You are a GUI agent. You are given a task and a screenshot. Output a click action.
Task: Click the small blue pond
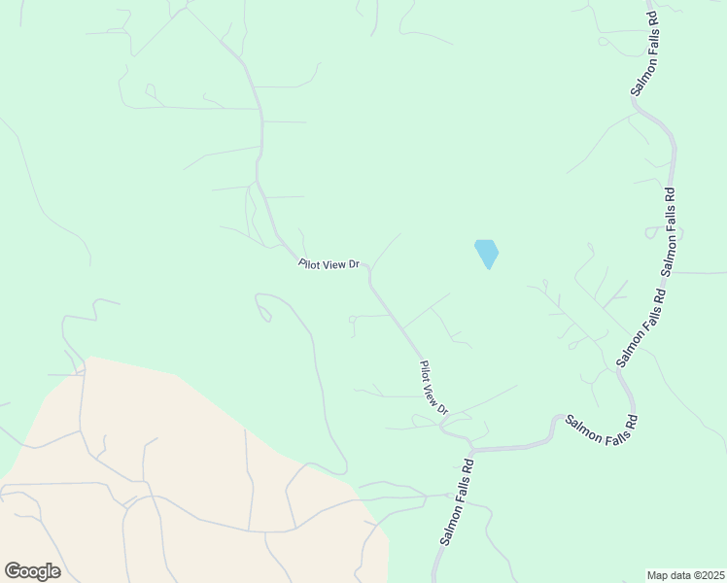[486, 253]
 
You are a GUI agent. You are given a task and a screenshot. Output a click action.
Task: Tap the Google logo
[32, 571]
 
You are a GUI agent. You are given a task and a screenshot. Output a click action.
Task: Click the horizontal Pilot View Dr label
[329, 263]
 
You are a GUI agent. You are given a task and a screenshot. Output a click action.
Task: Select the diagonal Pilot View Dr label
[433, 388]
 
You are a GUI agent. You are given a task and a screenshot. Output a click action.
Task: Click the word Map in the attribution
[659, 575]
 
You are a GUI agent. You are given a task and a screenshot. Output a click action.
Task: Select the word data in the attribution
[679, 575]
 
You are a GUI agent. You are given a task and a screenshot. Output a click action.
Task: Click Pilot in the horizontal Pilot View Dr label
[311, 263]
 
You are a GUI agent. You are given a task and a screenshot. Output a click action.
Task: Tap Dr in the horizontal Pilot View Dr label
[354, 263]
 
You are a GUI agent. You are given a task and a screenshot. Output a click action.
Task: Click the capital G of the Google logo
[13, 570]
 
